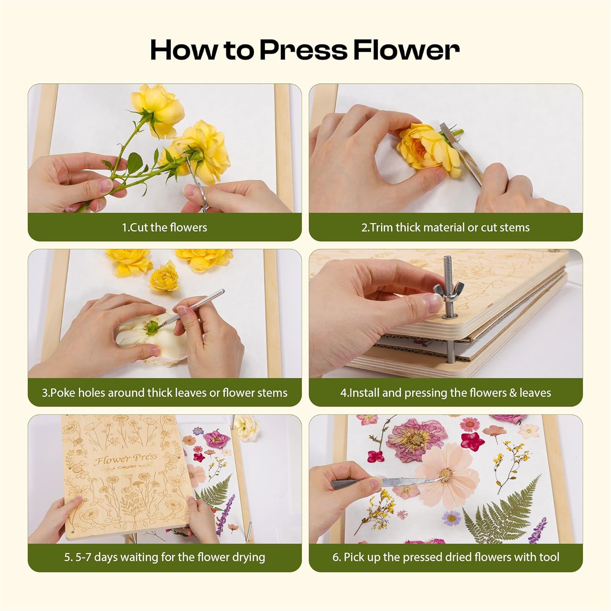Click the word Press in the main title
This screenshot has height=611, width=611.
[303, 51]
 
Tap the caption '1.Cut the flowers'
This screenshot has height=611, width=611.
[165, 227]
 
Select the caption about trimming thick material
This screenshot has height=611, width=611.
[445, 227]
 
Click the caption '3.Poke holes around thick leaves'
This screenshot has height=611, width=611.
[165, 393]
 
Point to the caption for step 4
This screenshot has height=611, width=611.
[445, 393]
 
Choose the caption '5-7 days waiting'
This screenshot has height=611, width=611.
[165, 557]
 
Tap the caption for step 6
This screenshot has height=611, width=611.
[445, 557]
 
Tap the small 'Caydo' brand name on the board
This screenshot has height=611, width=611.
[127, 467]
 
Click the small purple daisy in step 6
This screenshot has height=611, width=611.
[451, 518]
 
